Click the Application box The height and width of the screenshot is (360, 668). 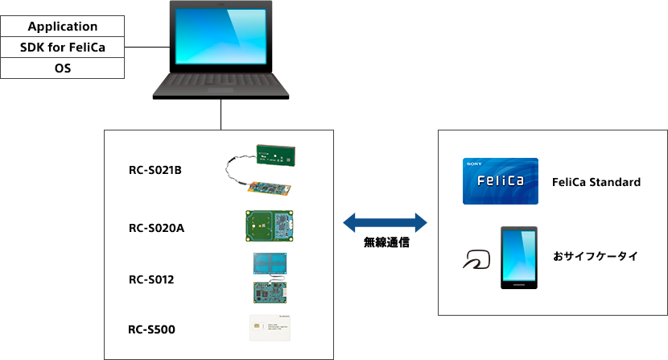pyautogui.click(x=63, y=27)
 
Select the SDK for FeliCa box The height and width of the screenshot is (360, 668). pyautogui.click(x=63, y=48)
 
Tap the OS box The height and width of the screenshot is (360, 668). pyautogui.click(x=63, y=68)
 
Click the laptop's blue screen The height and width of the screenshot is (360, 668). pyautogui.click(x=221, y=35)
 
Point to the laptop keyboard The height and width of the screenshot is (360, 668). pyautogui.click(x=221, y=80)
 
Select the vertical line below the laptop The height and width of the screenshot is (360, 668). pyautogui.click(x=221, y=114)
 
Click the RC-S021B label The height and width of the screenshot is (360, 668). pyautogui.click(x=155, y=170)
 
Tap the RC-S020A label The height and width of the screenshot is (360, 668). pyautogui.click(x=157, y=228)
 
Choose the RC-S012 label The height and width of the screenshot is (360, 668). pyautogui.click(x=151, y=279)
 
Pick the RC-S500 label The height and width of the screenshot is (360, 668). pyautogui.click(x=152, y=329)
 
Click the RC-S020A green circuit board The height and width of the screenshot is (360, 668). pyautogui.click(x=271, y=226)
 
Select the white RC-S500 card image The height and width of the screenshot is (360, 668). pyautogui.click(x=271, y=329)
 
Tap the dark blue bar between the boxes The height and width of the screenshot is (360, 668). pyautogui.click(x=385, y=223)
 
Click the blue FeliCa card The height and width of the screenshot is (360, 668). pyautogui.click(x=500, y=181)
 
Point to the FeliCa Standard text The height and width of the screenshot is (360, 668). pyautogui.click(x=596, y=182)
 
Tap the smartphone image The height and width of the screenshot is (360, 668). pyautogui.click(x=519, y=258)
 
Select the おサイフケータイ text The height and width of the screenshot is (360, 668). pyautogui.click(x=595, y=257)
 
